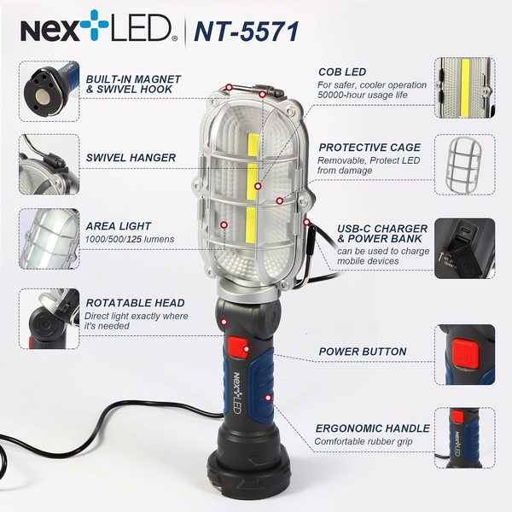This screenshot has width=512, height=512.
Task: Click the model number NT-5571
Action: point(247,31)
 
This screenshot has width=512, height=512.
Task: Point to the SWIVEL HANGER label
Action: point(131,158)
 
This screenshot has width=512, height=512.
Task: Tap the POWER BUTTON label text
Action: point(363,351)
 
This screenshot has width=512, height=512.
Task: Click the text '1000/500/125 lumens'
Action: point(131,239)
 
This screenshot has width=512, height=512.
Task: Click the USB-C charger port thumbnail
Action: point(466,246)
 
